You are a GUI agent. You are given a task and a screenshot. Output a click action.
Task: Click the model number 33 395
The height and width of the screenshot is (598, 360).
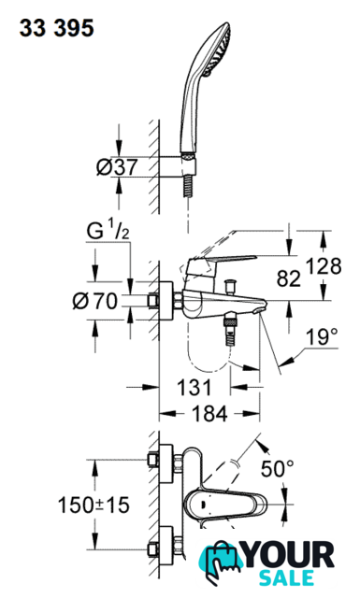tap(56, 28)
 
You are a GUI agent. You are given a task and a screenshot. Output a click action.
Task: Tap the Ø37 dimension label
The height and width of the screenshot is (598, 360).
tap(117, 167)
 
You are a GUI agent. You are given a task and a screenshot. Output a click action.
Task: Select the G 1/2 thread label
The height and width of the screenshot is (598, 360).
tap(108, 232)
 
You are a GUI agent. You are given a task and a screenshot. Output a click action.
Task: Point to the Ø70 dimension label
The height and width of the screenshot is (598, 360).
tap(95, 301)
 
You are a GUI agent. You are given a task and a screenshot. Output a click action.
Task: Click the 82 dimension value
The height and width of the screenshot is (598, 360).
tap(289, 278)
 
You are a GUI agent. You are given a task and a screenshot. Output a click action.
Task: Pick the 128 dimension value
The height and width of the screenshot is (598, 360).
tap(324, 265)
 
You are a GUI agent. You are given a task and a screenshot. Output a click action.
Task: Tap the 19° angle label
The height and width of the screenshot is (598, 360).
tap(322, 336)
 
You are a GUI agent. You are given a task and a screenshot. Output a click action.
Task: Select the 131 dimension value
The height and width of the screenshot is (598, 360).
tap(194, 387)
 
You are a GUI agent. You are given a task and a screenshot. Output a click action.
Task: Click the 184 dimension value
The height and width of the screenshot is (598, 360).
tap(209, 413)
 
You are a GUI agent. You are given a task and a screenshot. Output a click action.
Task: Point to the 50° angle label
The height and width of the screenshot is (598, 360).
tap(278, 468)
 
